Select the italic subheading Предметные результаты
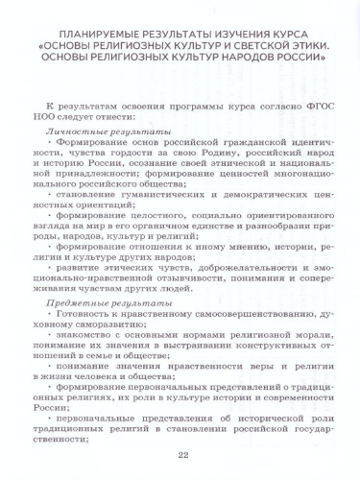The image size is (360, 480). click(108, 301)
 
